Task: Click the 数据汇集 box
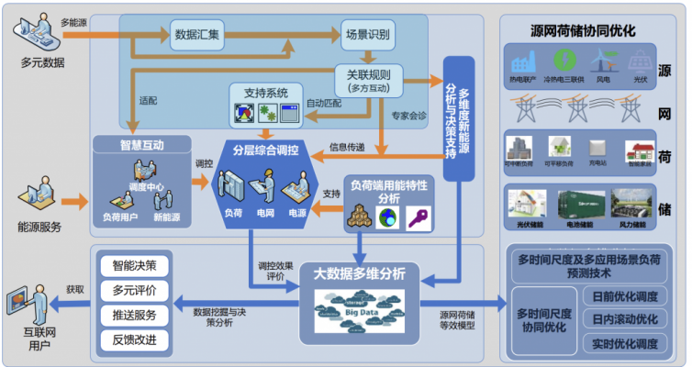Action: (x=196, y=36)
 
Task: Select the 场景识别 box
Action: (x=367, y=36)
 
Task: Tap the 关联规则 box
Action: (x=367, y=77)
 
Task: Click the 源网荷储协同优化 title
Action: (x=583, y=29)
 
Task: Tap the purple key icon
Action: (x=419, y=217)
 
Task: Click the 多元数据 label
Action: (x=42, y=61)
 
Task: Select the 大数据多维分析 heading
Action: (x=364, y=272)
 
